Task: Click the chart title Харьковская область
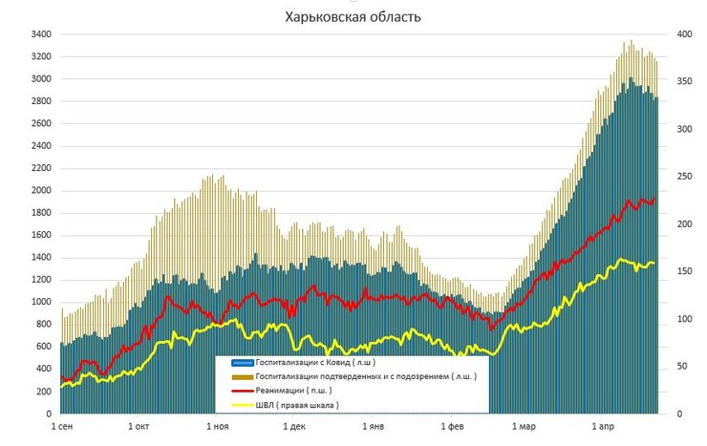[x=353, y=17]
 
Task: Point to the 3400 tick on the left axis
[x=40, y=34]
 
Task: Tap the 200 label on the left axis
[x=43, y=392]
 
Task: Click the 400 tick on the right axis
[x=675, y=34]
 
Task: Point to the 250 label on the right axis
[x=675, y=177]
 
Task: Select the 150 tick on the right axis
[x=675, y=272]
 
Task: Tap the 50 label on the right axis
[x=674, y=367]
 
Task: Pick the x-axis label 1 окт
[x=138, y=427]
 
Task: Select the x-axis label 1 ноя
[x=216, y=427]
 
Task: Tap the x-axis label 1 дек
[x=292, y=427]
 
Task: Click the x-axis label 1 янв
[x=371, y=427]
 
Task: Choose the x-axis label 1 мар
[x=523, y=427]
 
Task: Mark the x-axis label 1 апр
[x=602, y=427]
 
